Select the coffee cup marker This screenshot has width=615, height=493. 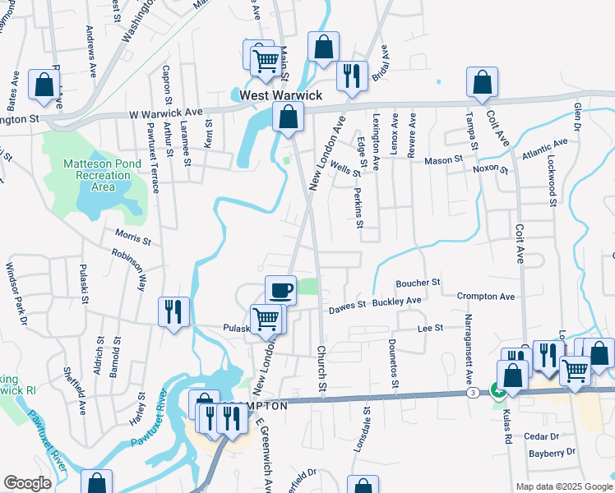[281, 290]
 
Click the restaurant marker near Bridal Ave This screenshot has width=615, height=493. [352, 77]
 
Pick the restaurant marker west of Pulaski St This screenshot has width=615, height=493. [173, 312]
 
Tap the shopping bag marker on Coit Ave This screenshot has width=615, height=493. [482, 82]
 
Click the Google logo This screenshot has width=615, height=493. [27, 483]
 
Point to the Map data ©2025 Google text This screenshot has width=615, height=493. [564, 486]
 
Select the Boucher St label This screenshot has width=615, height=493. [418, 282]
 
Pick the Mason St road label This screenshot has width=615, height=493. [438, 160]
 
